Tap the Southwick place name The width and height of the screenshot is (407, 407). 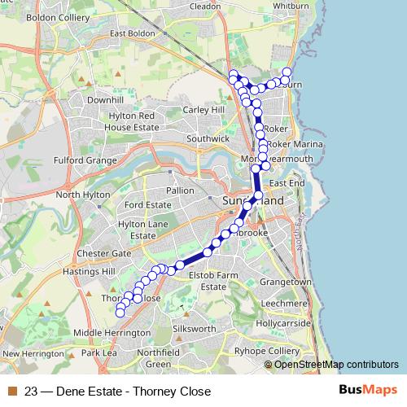tap(208, 139)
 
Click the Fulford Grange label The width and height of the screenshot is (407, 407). tap(85, 160)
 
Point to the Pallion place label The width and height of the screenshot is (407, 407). tap(180, 190)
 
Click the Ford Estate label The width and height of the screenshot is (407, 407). tap(148, 204)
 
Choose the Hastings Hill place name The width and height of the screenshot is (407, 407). tap(92, 271)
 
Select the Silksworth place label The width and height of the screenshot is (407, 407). tap(195, 329)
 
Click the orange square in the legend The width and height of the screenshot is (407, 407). tap(11, 392)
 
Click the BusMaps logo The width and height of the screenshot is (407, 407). tap(368, 391)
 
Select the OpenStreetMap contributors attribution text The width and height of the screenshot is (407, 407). tap(336, 364)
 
